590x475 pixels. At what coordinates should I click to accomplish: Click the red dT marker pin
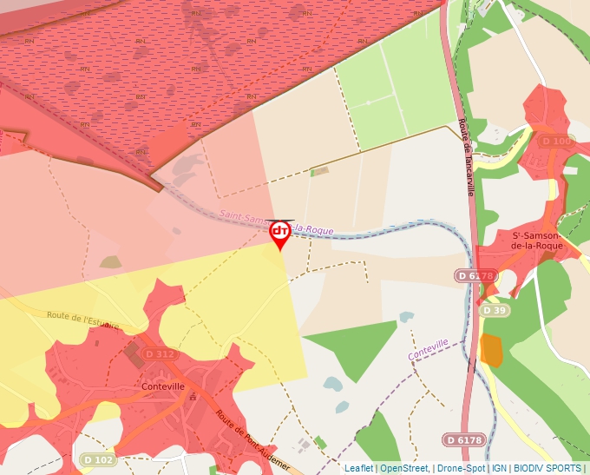[280, 233]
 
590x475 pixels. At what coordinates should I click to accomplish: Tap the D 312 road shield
[160, 354]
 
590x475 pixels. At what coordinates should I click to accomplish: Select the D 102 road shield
[99, 459]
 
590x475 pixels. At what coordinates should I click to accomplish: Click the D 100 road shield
[557, 141]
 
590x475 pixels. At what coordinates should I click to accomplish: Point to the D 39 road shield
[495, 310]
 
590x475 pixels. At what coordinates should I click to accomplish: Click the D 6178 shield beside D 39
[475, 275]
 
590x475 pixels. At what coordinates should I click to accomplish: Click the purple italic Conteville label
[428, 350]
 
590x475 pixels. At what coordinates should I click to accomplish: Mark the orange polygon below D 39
[491, 349]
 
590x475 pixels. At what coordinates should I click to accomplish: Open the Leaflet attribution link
[358, 468]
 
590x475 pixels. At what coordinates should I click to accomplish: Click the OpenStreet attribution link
[403, 468]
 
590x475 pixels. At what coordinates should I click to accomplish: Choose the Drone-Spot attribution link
[461, 468]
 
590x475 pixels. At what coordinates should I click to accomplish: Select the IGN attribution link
[499, 468]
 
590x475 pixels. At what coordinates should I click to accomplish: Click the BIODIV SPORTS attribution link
[547, 468]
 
